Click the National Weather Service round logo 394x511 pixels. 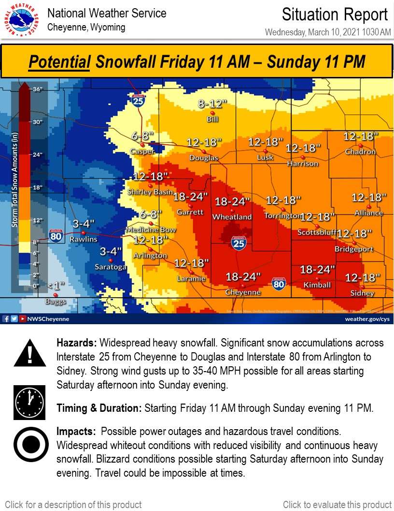click(21, 20)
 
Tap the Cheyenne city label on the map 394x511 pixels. click(243, 292)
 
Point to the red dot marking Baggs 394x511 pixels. click(56, 295)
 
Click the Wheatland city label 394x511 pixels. click(233, 217)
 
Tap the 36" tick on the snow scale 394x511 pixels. click(38, 90)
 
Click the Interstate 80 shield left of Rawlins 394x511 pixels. click(56, 236)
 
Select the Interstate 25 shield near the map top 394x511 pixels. click(138, 100)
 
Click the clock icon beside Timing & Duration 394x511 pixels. click(30, 402)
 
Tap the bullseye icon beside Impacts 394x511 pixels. click(30, 445)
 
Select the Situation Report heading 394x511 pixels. click(335, 15)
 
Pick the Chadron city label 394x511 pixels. click(360, 152)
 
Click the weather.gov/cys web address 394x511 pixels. click(366, 319)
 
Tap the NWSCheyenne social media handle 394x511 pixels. click(48, 319)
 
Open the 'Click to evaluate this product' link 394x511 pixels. click(337, 505)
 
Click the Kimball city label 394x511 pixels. click(317, 285)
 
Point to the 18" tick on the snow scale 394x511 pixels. click(38, 187)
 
